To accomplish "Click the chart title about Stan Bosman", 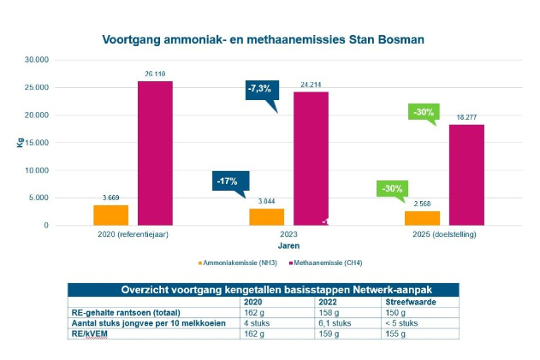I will [x=263, y=40].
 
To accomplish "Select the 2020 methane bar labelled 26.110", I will [x=155, y=153].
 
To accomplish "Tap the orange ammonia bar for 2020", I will [x=111, y=215].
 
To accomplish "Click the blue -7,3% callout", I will [x=258, y=89].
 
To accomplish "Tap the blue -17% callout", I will [x=230, y=181].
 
